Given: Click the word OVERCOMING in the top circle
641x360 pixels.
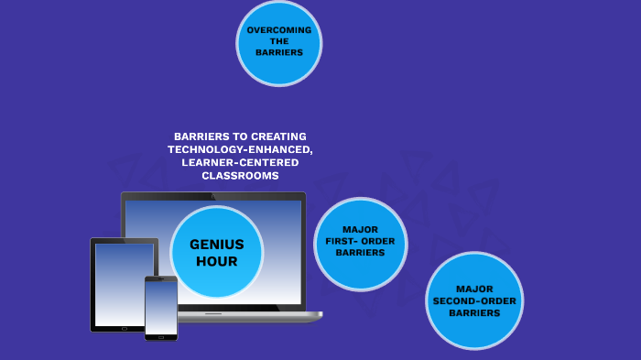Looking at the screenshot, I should click(279, 30).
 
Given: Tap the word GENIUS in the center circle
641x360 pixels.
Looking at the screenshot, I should click(217, 244).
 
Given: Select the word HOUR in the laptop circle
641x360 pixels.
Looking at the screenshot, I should click(217, 261).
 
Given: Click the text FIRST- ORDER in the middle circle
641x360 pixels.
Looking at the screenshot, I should click(360, 241).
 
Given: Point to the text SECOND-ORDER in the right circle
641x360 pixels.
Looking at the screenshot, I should click(474, 300).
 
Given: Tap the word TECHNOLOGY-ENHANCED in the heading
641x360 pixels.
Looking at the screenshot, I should click(240, 149).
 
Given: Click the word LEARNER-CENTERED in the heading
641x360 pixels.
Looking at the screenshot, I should click(240, 162).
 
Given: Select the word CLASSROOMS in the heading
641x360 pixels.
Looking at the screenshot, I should click(240, 175).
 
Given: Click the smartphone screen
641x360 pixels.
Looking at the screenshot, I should click(161, 307).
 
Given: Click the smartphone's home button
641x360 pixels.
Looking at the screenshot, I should click(161, 336).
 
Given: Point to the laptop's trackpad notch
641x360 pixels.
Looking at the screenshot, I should click(213, 313).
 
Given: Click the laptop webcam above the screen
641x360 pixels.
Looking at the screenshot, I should click(213, 195).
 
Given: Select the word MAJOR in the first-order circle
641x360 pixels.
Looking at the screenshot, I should click(360, 229).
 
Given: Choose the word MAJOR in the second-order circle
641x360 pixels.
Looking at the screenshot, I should click(474, 289).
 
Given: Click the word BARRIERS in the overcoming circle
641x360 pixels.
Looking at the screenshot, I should click(279, 52).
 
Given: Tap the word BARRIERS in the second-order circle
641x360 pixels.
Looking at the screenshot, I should click(474, 312).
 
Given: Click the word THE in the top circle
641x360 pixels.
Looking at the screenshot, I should click(279, 41).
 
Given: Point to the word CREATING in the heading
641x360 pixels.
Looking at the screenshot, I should click(282, 136).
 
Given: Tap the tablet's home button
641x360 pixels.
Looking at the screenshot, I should click(124, 328).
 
